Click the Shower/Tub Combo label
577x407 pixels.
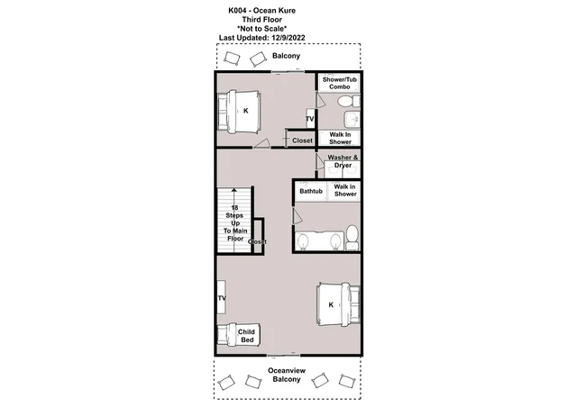(339, 83)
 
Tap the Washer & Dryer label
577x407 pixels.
(343, 161)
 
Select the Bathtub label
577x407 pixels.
(311, 191)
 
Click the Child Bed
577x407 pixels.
(238, 335)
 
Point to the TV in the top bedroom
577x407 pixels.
(310, 119)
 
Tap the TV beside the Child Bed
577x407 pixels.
(222, 297)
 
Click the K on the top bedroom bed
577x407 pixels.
(246, 111)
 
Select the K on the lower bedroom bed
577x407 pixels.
(331, 304)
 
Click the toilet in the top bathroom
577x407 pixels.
(349, 101)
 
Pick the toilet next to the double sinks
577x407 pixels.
(353, 238)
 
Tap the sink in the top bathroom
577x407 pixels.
(352, 119)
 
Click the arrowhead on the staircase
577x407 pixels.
(234, 190)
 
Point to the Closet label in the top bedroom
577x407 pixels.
(302, 140)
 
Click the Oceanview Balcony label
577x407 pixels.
(287, 375)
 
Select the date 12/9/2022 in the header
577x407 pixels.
(288, 38)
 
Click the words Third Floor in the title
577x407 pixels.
(262, 20)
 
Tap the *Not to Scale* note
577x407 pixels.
(262, 28)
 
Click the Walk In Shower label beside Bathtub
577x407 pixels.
(344, 190)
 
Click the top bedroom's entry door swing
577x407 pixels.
(262, 143)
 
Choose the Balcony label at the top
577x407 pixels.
(286, 56)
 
